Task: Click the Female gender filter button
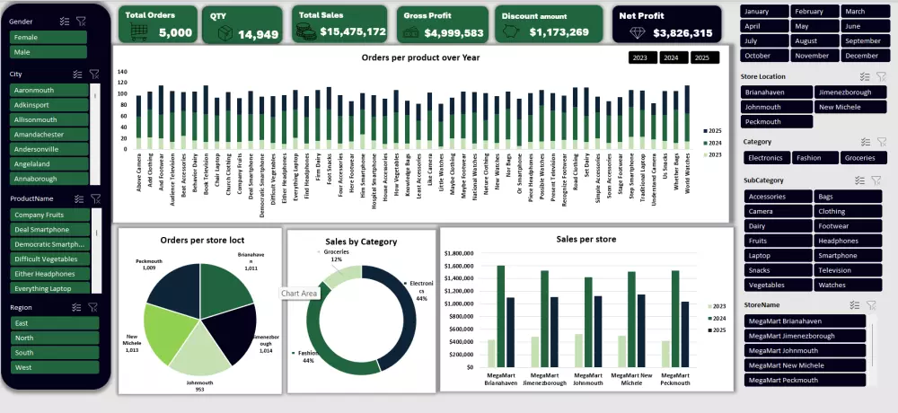pos(48,38)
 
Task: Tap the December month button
pos(862,56)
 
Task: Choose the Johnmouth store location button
pos(776,107)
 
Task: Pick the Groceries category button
pos(863,158)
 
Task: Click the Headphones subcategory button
pos(847,241)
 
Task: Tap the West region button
pos(54,367)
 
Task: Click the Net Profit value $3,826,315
pos(682,32)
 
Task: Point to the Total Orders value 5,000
pos(175,32)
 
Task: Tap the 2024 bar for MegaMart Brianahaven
pos(500,316)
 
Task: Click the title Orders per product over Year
pos(420,57)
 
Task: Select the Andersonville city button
pos(48,150)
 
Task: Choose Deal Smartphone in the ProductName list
pos(48,230)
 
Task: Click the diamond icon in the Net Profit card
pos(638,32)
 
